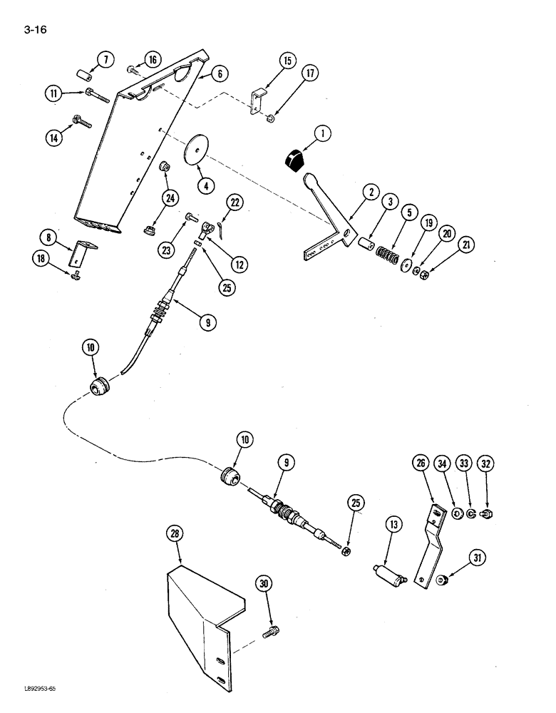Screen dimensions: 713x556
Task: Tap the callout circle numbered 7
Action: click(x=104, y=60)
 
